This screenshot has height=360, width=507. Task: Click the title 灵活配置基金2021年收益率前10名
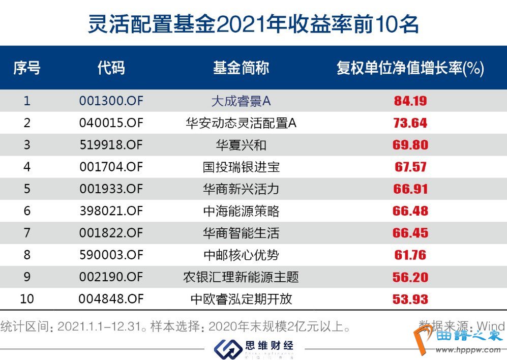[253, 23]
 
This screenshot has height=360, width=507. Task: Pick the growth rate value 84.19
[410, 101]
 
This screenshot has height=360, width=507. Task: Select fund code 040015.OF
[111, 123]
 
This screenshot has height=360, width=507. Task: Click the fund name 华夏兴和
[241, 145]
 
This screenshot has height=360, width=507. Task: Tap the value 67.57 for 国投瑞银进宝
[410, 167]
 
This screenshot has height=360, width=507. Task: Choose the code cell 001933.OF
[111, 189]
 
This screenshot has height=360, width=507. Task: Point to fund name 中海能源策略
[241, 211]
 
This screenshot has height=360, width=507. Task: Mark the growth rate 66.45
[410, 233]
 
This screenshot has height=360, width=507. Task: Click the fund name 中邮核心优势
[241, 255]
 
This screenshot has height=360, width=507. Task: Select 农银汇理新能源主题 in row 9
[241, 277]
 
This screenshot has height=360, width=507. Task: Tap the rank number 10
[27, 299]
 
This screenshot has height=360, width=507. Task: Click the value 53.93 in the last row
[410, 299]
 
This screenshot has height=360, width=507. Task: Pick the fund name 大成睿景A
[241, 101]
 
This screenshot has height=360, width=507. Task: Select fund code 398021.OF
[111, 211]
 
